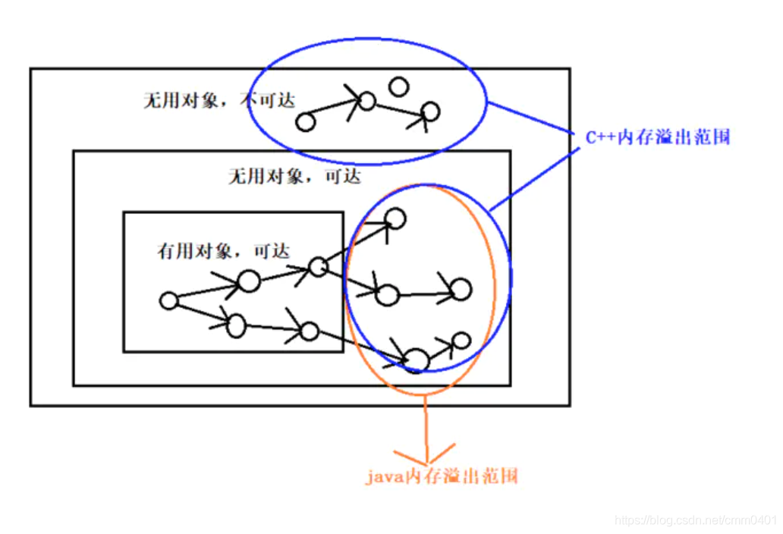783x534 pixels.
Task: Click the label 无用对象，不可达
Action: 219,100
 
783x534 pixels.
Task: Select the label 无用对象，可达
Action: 294,177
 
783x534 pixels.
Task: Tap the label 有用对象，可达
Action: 223,251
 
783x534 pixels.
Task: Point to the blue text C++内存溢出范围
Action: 657,138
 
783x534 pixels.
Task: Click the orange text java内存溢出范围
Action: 442,477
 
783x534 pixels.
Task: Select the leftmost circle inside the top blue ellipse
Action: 305,122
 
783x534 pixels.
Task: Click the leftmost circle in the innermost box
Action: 168,301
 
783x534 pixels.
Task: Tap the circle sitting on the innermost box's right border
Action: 318,266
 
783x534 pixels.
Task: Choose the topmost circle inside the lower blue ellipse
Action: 395,219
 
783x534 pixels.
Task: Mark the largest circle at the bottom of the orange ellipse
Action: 416,360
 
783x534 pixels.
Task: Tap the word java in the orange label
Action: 383,477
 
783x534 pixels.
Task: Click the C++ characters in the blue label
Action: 600,138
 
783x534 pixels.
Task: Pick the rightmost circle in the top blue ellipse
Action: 430,112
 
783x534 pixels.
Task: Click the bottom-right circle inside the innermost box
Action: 309,331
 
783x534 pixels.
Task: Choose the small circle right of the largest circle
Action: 461,341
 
